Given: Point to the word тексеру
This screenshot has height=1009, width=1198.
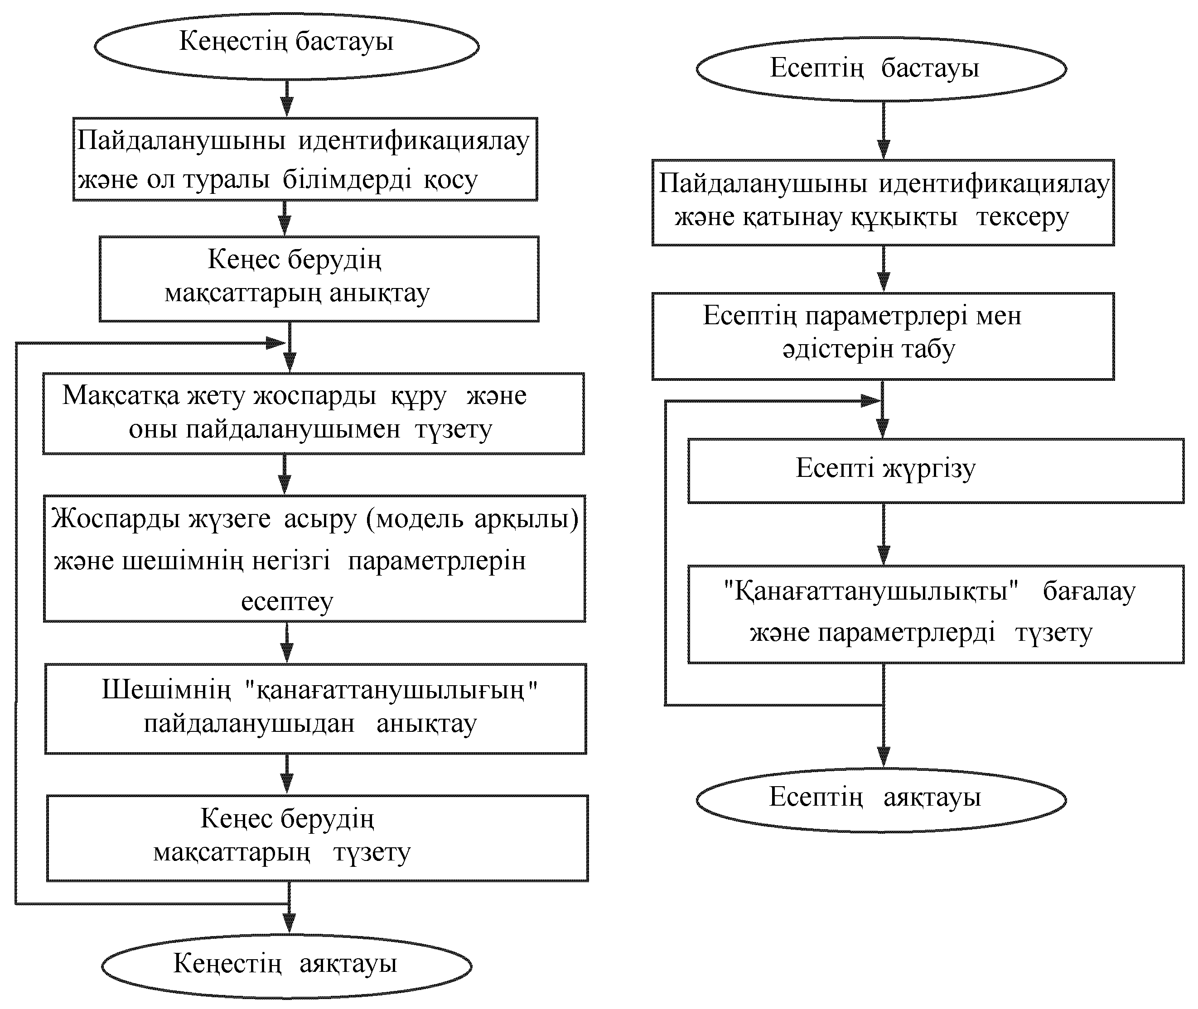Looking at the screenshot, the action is point(1022,218).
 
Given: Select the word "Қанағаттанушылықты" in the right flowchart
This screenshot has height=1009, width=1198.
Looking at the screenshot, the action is point(871,591).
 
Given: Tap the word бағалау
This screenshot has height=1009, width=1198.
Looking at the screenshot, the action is point(1089,592).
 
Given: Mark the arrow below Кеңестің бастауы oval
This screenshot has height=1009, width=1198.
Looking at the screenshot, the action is point(287,98).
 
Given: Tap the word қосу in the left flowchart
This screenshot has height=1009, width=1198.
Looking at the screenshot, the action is point(450,180).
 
